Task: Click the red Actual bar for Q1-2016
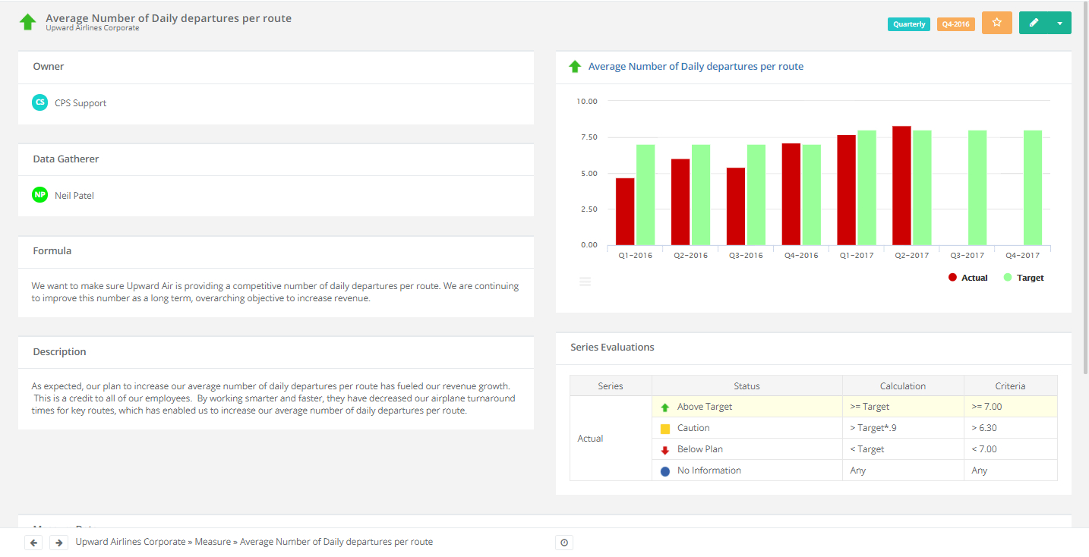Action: click(x=625, y=212)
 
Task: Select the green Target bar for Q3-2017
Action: click(x=977, y=187)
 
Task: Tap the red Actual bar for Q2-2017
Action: click(x=901, y=185)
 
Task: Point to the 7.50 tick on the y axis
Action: click(x=587, y=137)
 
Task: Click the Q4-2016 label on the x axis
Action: click(x=800, y=256)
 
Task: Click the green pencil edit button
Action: click(x=1034, y=23)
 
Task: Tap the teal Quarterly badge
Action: click(x=908, y=24)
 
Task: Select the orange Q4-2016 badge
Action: click(x=955, y=24)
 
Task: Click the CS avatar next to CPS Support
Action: click(x=39, y=102)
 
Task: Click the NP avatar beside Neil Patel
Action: click(x=39, y=195)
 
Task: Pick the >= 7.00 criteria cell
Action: click(x=1010, y=407)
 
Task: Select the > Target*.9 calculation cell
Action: click(x=902, y=428)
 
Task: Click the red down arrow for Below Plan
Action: click(x=665, y=450)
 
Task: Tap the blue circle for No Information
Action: click(x=665, y=471)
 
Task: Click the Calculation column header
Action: click(x=902, y=385)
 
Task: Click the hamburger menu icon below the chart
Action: click(x=585, y=282)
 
